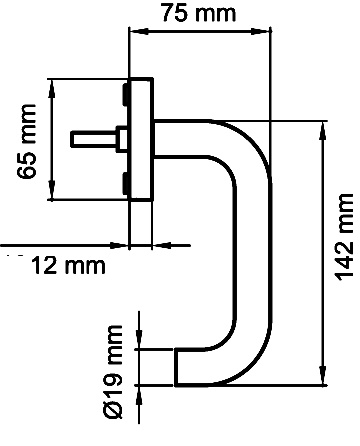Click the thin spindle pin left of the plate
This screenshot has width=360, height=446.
(x=94, y=135)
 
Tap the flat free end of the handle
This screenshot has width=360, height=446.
(x=178, y=367)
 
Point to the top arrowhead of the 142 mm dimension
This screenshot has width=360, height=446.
(x=323, y=129)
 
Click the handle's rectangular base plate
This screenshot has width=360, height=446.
(x=140, y=140)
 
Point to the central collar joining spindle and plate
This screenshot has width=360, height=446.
(x=122, y=135)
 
